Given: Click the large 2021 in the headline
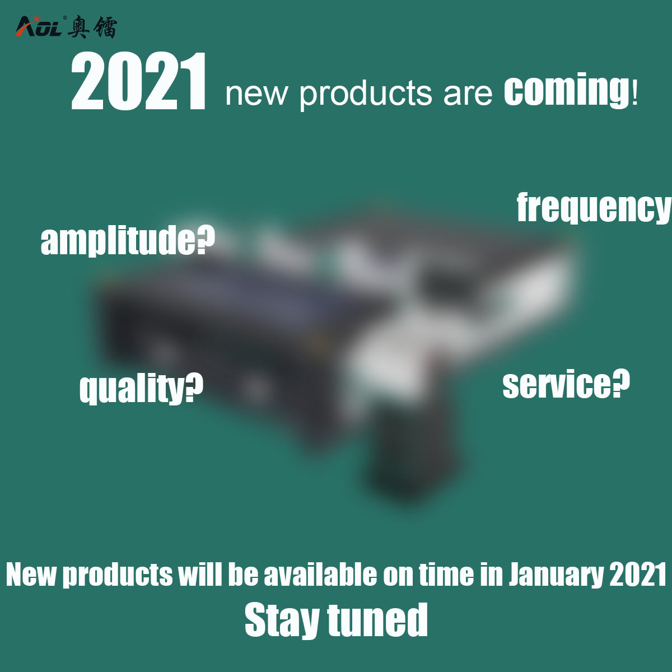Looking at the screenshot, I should pos(139,82).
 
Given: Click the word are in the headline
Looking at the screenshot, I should pos(468,94).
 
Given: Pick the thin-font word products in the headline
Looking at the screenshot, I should pos(366,94).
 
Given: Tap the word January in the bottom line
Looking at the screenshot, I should pos(556,575).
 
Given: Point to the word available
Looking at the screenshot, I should pos(320,575).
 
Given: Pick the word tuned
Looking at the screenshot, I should pos(378,620).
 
